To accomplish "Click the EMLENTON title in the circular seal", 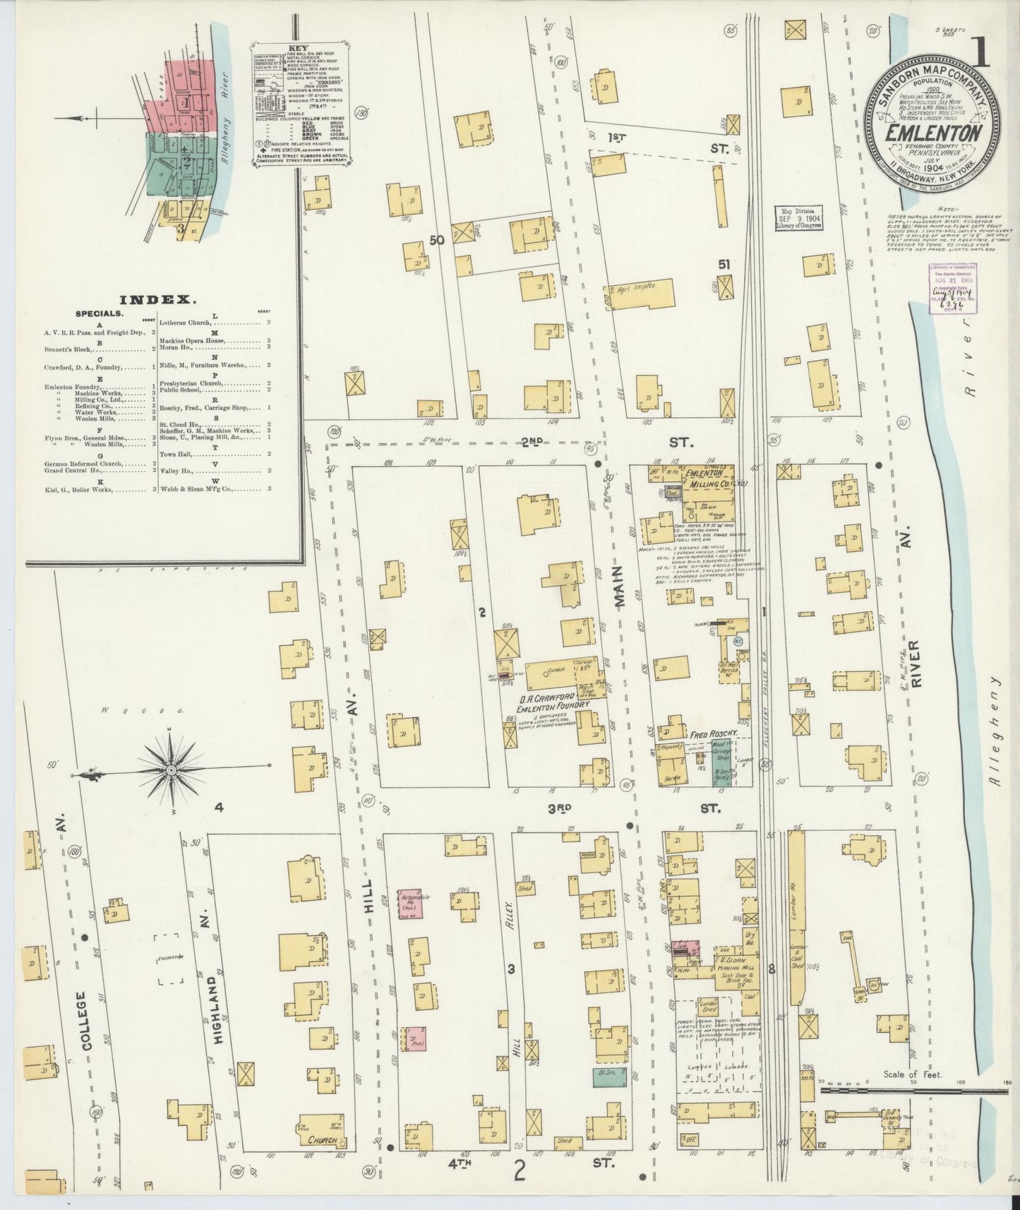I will (932, 133).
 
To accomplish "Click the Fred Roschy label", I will (713, 734).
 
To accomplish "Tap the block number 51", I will (723, 264).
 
